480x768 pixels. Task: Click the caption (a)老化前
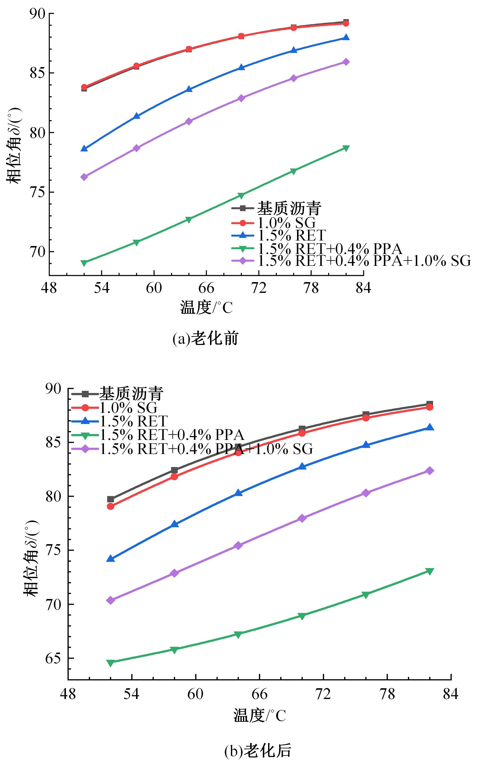205,338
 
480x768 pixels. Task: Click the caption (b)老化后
258,750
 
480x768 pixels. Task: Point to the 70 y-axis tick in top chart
37,252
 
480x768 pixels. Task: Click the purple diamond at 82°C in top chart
346,62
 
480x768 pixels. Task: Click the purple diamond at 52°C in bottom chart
110,600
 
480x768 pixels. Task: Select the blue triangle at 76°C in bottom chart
366,445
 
